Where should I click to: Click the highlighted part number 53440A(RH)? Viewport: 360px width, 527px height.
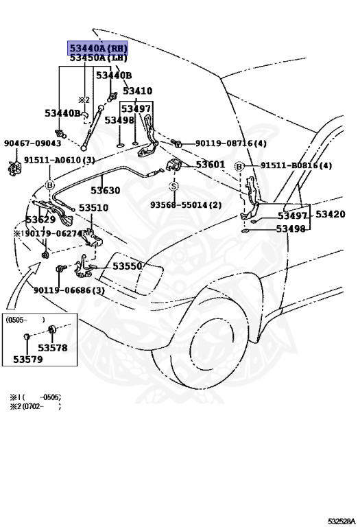tap(97, 47)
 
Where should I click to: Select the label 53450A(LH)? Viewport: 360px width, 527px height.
tap(97, 58)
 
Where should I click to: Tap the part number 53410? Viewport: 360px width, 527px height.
tap(137, 91)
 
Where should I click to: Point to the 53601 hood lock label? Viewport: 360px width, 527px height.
tap(210, 165)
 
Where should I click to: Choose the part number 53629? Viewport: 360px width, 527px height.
tap(40, 220)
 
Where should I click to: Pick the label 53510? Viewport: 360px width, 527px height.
tap(93, 208)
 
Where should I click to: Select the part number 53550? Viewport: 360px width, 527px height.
tap(127, 266)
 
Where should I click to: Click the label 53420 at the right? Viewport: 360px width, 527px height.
tap(330, 214)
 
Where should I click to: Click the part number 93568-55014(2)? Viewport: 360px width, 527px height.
tap(186, 205)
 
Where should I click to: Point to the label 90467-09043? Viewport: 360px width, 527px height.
tap(32, 143)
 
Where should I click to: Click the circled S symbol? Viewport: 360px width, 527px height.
tap(173, 186)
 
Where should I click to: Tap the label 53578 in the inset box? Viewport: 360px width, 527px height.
tap(52, 348)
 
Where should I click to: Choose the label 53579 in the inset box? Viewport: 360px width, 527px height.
tap(27, 358)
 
